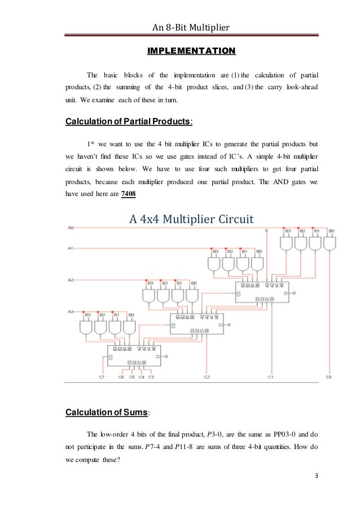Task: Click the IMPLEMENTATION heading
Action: coord(191,52)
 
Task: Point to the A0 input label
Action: coord(70,228)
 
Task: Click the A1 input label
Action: coord(70,247)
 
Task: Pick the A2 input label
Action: coord(70,279)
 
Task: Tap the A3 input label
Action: coord(70,311)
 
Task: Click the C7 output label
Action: coord(102,376)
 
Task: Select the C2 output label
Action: coord(207,376)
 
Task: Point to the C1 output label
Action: coord(271,376)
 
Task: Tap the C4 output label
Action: coord(141,376)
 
